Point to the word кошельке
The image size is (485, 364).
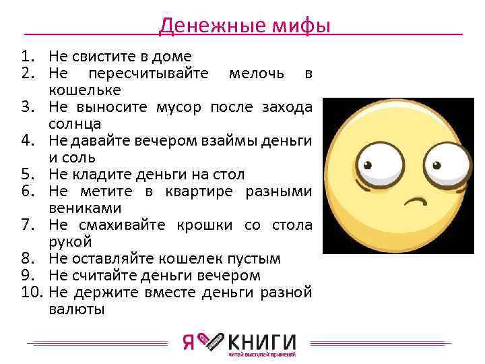pos(85,90)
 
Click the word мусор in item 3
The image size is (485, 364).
pos(181,107)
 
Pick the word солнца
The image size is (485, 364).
pos(75,124)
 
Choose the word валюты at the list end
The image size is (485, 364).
pos(77,309)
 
